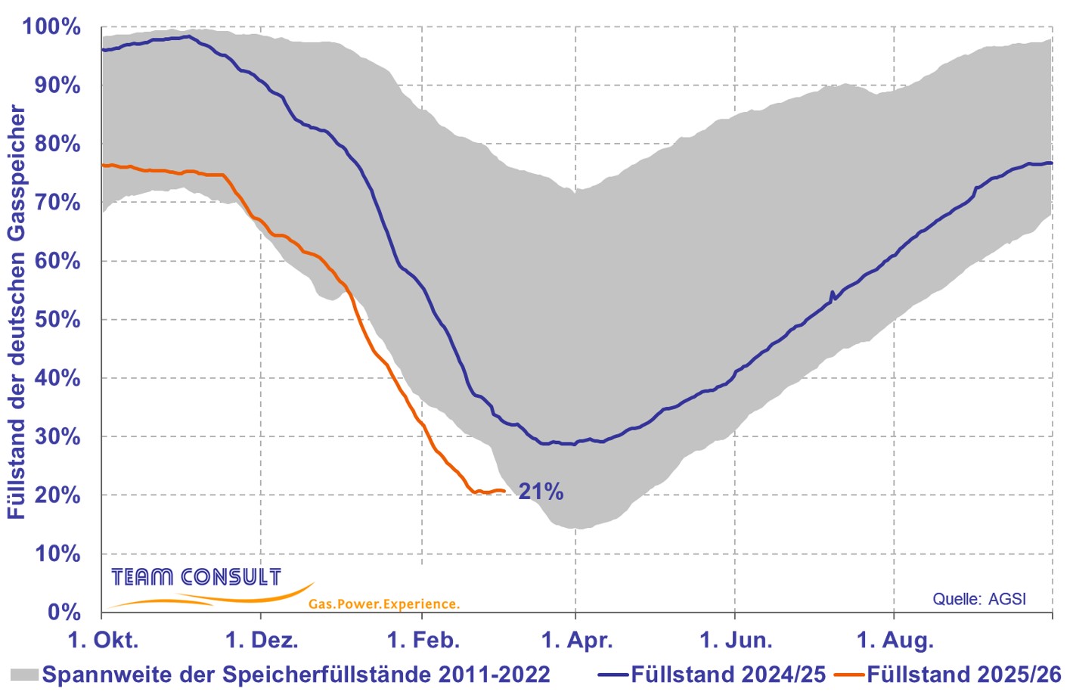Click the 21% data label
pyautogui.click(x=541, y=492)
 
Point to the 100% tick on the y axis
pyautogui.click(x=51, y=27)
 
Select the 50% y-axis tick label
pyautogui.click(x=57, y=319)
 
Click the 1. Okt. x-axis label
pyautogui.click(x=103, y=641)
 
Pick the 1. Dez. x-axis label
pyautogui.click(x=262, y=641)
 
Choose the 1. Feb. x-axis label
pyautogui.click(x=423, y=641)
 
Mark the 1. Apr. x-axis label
pyautogui.click(x=577, y=641)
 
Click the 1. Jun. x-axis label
pyautogui.click(x=736, y=641)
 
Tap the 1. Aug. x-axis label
pyautogui.click(x=895, y=641)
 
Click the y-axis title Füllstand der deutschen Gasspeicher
pyautogui.click(x=17, y=312)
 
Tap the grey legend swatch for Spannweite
pyautogui.click(x=24, y=674)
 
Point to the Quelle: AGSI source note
pyautogui.click(x=979, y=599)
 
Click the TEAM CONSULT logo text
pyautogui.click(x=196, y=578)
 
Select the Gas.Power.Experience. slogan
pyautogui.click(x=383, y=604)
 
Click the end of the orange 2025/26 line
pyautogui.click(x=504, y=491)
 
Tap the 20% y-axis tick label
pyautogui.click(x=57, y=495)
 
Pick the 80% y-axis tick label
pyautogui.click(x=57, y=144)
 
